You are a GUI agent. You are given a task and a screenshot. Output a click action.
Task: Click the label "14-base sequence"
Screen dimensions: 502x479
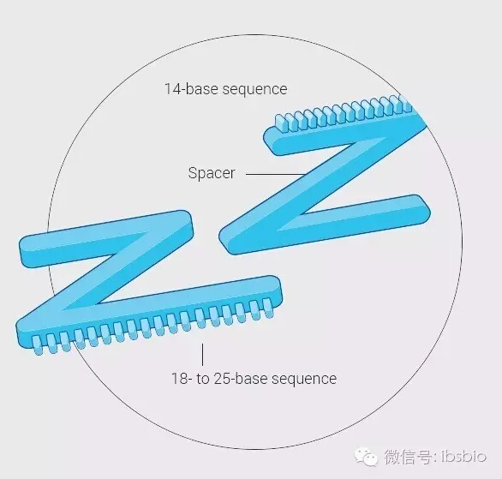point(225,89)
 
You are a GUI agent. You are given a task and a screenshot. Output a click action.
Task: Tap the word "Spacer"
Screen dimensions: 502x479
point(212,173)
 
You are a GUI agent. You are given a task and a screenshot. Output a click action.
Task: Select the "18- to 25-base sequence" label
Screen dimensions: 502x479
point(254,379)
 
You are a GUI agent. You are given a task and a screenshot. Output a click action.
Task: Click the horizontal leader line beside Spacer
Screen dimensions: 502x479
point(275,174)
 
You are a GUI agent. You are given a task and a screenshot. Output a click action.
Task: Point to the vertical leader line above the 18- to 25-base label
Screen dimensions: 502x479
point(202,355)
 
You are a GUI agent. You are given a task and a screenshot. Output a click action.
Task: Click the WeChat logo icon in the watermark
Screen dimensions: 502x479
point(366,456)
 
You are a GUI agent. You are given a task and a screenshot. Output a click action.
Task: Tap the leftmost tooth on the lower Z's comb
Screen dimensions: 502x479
point(38,346)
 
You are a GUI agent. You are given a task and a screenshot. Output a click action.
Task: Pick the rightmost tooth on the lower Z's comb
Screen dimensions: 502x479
point(268,308)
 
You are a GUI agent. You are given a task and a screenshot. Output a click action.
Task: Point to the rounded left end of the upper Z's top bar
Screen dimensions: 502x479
point(270,140)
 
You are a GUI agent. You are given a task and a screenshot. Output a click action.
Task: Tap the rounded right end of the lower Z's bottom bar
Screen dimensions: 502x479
point(276,289)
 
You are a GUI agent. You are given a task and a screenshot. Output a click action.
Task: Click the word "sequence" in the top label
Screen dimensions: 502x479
point(254,90)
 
